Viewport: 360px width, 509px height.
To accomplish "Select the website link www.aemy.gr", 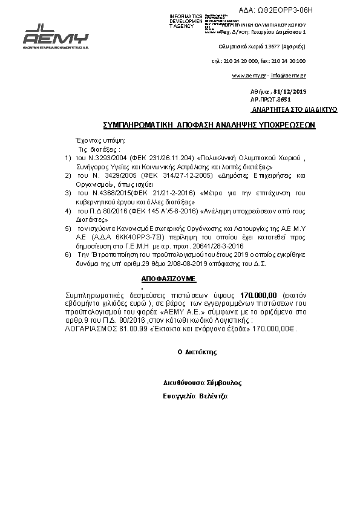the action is pos(249,76).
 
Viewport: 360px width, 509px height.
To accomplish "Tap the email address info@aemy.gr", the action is pos(288,76).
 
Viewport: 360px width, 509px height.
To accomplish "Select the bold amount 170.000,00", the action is pos(258,293).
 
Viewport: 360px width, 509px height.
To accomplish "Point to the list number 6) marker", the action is pos(68,256).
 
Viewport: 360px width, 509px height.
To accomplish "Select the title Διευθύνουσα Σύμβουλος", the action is pos(203,383).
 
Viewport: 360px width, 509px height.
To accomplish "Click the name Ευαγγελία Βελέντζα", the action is pos(195,395).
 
